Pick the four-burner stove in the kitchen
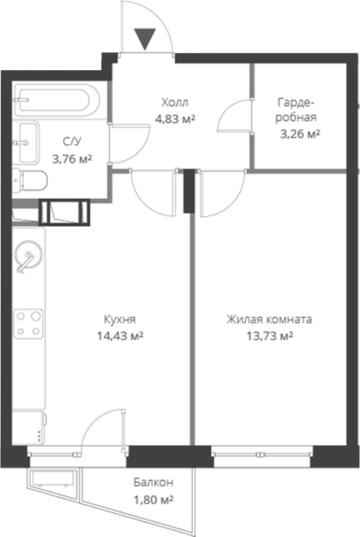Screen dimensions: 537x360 (30, 323)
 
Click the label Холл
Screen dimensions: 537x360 (174, 103)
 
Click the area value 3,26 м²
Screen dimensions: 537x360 (298, 133)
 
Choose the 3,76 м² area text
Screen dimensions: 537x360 (72, 160)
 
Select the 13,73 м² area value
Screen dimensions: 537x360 (269, 336)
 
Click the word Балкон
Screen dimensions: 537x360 (152, 483)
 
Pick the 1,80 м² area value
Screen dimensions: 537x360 (152, 499)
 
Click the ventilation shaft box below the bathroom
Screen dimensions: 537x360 (65, 212)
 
